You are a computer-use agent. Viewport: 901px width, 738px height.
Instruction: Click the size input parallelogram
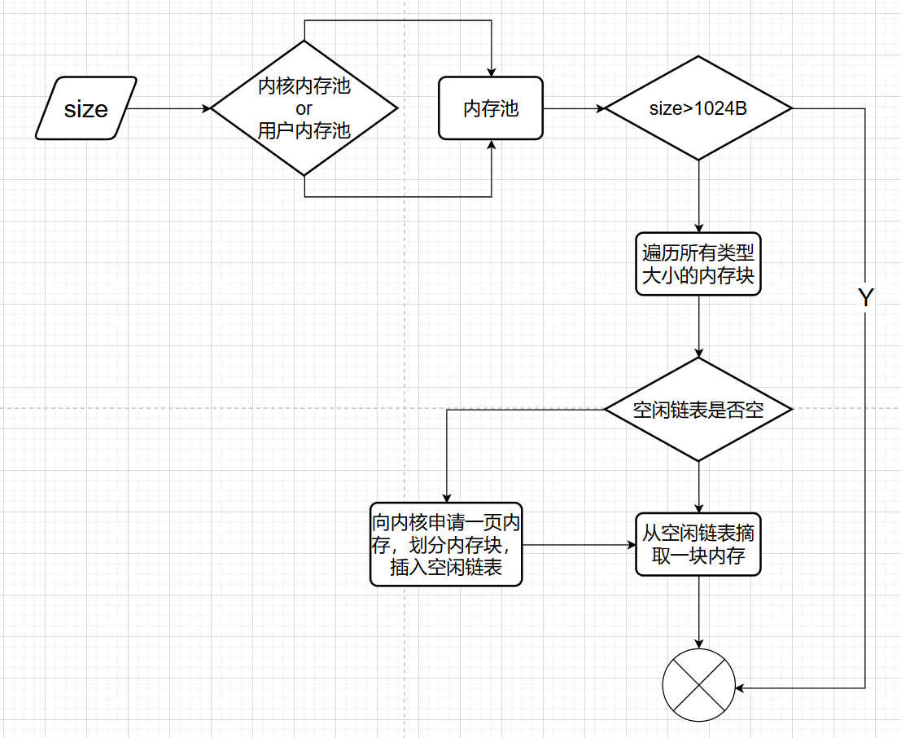tap(85, 108)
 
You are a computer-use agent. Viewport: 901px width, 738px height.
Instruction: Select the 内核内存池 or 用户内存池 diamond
tap(304, 108)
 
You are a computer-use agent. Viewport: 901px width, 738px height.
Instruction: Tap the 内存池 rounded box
tap(491, 108)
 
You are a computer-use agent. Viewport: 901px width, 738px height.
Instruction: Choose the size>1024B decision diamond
tap(698, 108)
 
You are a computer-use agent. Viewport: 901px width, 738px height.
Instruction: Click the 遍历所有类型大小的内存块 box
tap(698, 265)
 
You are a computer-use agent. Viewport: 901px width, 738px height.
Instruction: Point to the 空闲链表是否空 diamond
tap(698, 410)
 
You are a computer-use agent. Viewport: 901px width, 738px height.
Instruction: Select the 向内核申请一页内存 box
tap(446, 543)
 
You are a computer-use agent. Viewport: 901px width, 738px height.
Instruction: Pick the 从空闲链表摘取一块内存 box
tap(698, 545)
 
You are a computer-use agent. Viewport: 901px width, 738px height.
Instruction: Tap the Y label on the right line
tap(865, 297)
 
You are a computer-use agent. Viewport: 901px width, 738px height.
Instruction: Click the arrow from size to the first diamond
tap(168, 108)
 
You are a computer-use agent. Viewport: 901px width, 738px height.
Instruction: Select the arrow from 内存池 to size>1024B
tap(573, 108)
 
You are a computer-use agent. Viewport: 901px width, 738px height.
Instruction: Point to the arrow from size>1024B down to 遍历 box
tap(698, 196)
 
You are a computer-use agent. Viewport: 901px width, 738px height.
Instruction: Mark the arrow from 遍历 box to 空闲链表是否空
tap(698, 326)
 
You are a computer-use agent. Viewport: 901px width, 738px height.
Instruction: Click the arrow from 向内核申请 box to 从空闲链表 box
tap(578, 544)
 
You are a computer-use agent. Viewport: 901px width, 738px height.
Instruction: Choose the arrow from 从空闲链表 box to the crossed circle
tap(698, 611)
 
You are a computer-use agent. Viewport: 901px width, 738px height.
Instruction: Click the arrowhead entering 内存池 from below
tap(492, 145)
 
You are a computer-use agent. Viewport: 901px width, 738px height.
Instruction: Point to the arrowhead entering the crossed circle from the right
tap(741, 687)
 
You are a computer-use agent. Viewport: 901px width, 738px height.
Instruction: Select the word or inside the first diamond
tap(304, 108)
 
